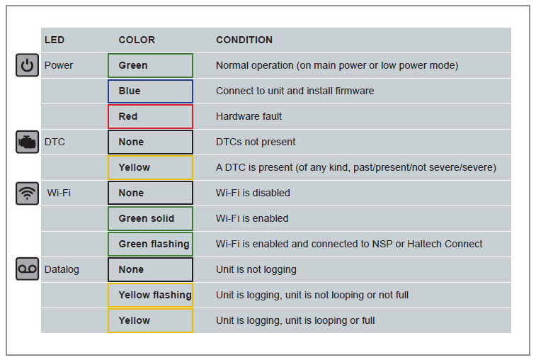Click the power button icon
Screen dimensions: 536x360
28,65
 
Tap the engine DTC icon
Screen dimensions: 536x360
28,142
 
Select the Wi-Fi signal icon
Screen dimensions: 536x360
28,193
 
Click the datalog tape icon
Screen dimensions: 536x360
28,269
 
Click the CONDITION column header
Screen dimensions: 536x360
244,40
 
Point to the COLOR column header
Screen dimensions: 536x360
137,40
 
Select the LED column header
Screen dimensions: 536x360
55,40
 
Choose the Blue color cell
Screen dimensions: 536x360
150,91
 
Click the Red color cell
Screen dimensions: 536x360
150,117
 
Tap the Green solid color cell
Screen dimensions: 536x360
150,218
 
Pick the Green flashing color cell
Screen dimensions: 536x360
150,244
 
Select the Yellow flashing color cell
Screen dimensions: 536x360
150,295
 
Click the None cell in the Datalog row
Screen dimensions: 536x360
150,270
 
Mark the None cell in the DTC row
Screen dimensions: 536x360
150,142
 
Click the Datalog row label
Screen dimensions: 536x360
62,270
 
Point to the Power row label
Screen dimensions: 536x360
59,65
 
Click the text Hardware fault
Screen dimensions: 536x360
249,116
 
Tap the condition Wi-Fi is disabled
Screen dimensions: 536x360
253,193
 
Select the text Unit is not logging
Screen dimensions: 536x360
256,270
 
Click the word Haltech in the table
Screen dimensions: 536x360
425,244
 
